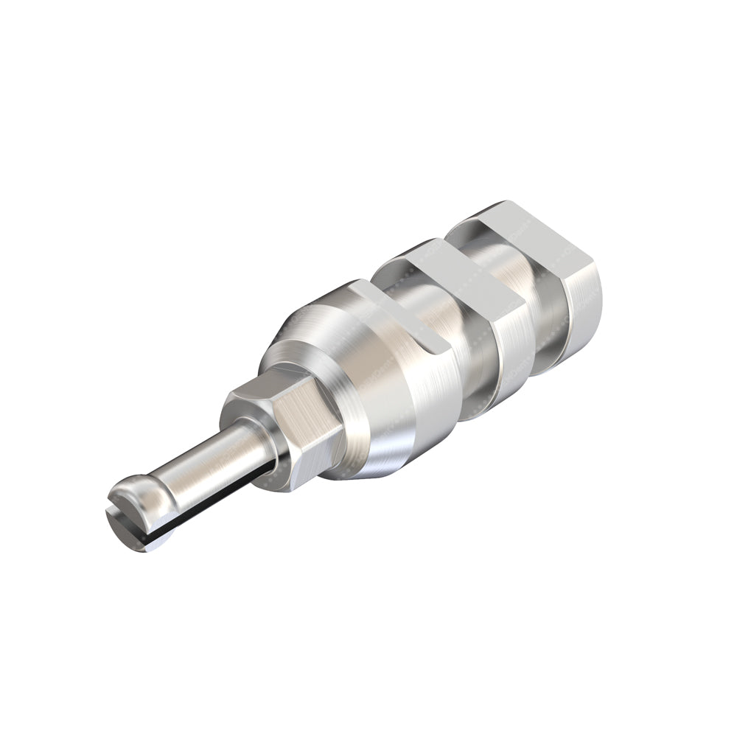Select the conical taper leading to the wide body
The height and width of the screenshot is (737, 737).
(310, 332)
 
